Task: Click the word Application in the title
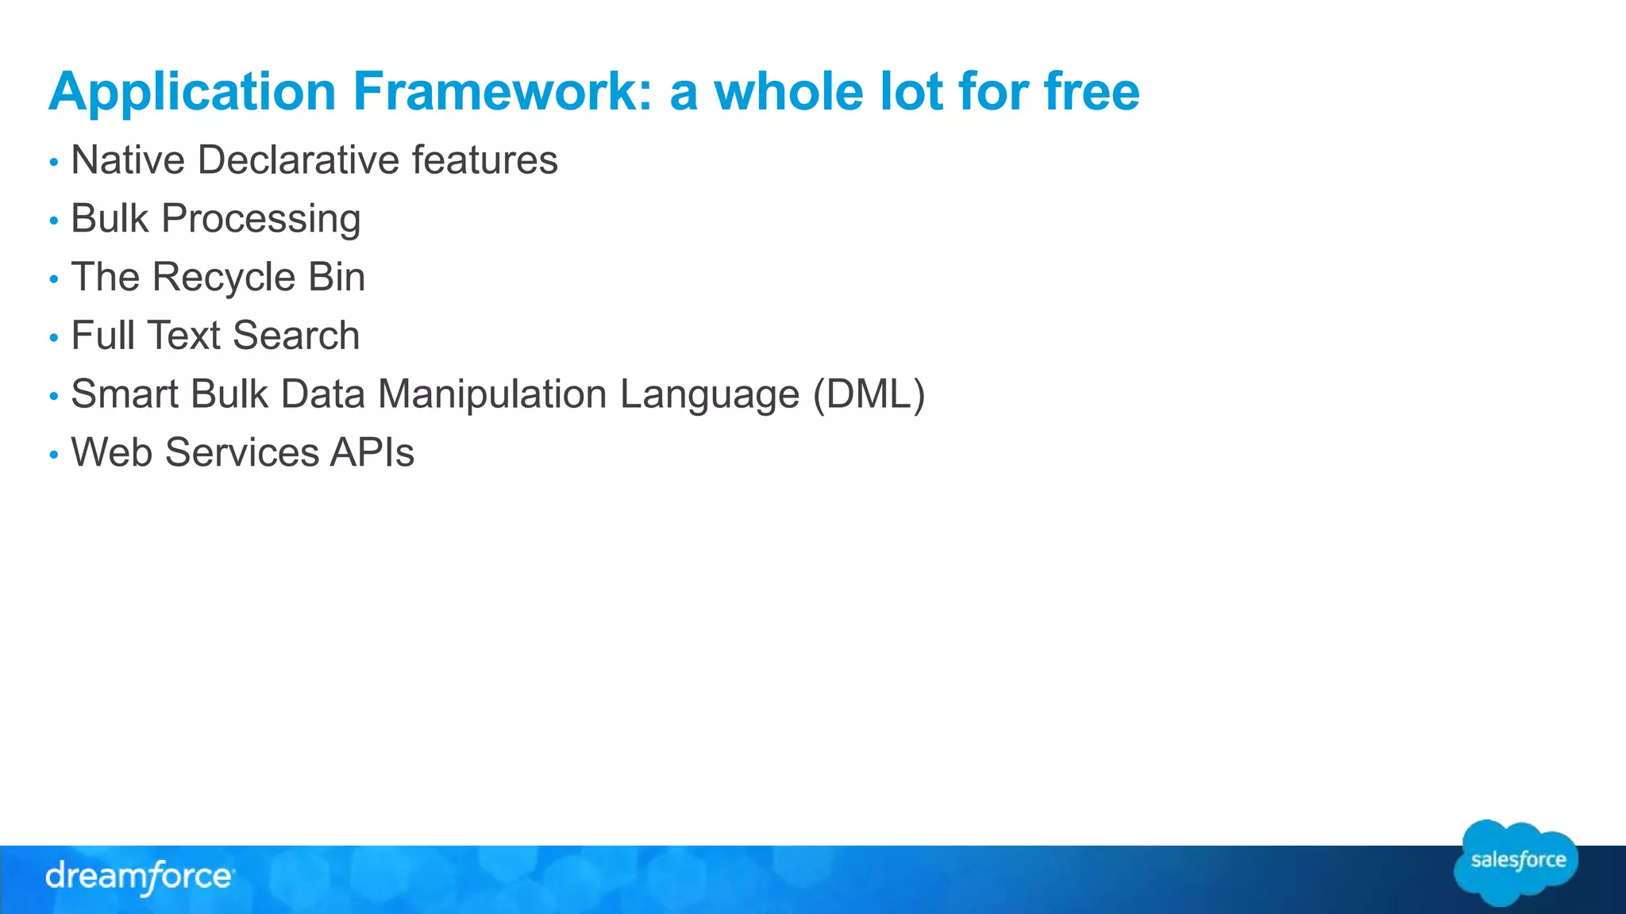tap(193, 92)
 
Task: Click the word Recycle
tap(224, 277)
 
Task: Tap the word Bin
tap(337, 277)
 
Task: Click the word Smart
tap(124, 394)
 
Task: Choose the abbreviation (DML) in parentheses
tap(869, 394)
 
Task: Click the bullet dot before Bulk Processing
tap(54, 221)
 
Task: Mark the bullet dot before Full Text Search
tap(54, 338)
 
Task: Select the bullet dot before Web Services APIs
tap(54, 455)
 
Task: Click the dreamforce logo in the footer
tap(140, 877)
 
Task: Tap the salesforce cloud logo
tap(1516, 862)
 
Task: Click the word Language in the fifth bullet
tap(709, 394)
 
